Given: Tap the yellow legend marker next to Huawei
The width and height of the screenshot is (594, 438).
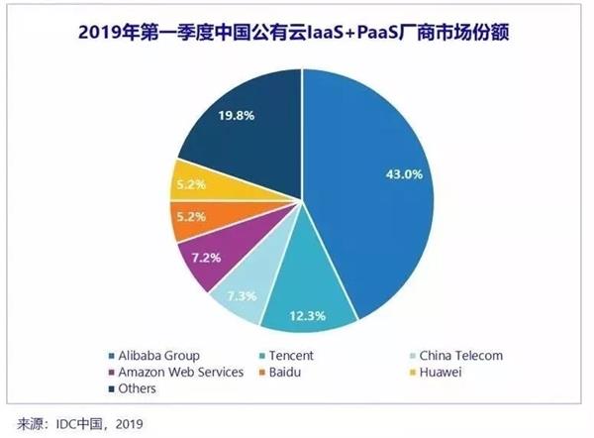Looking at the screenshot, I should coord(410,373).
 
